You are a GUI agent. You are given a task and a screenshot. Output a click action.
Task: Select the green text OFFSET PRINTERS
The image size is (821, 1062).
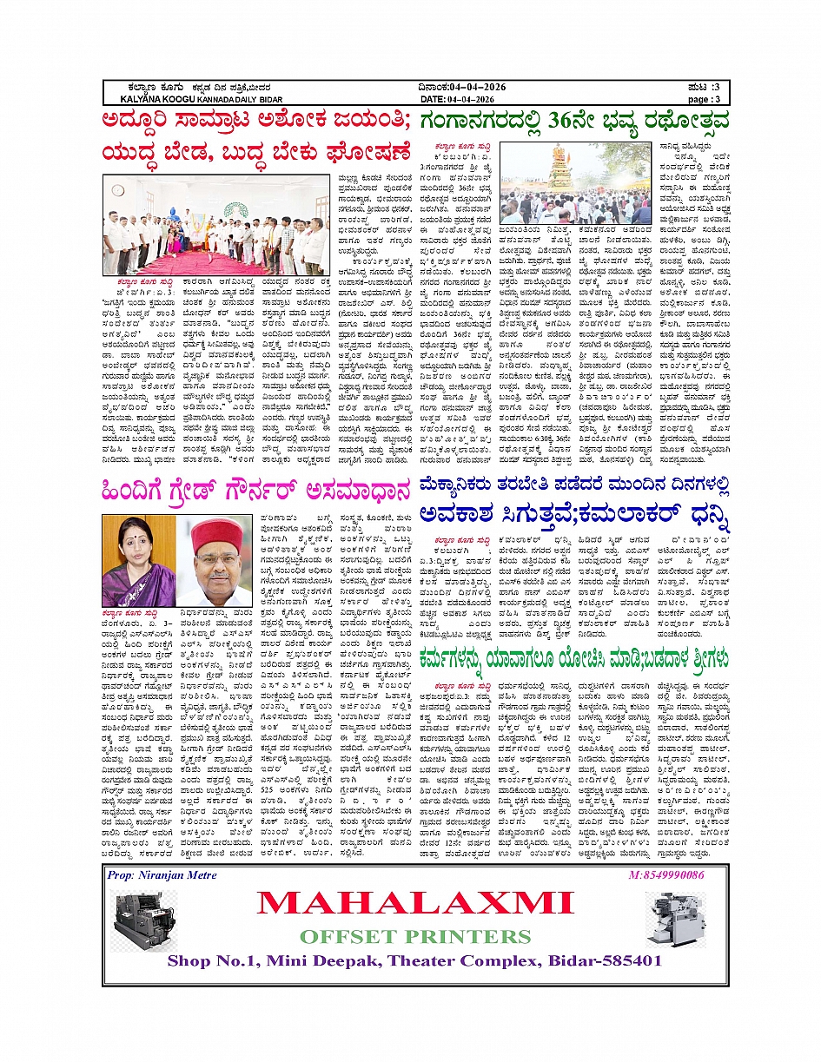pyautogui.click(x=414, y=936)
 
